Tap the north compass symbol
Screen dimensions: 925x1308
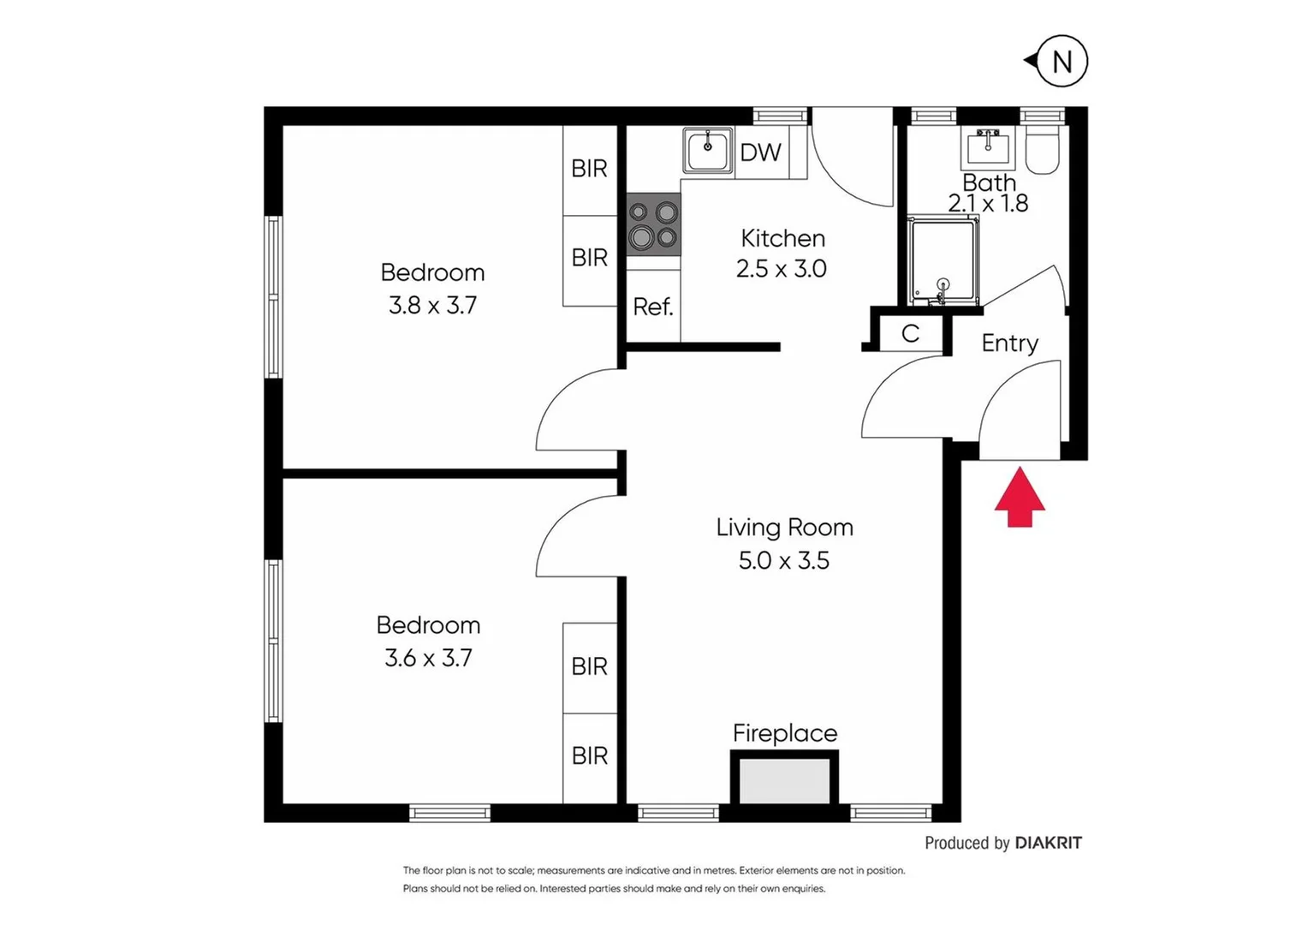point(1061,62)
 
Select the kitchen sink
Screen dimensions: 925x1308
point(708,151)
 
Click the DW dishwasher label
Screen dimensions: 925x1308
point(760,152)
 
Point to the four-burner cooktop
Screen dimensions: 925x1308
point(653,224)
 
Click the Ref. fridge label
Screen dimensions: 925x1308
point(653,307)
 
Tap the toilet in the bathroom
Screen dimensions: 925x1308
point(1042,152)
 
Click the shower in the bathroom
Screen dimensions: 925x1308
point(943,260)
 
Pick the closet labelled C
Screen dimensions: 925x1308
point(911,333)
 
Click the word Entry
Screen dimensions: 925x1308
point(1010,343)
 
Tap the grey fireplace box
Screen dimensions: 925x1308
point(784,780)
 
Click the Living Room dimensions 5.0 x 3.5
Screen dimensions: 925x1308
point(784,561)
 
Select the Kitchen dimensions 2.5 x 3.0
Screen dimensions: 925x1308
point(781,269)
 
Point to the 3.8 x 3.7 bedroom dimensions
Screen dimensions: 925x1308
point(432,305)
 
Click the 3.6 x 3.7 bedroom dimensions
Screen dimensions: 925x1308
point(428,658)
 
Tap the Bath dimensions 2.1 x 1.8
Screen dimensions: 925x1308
point(988,204)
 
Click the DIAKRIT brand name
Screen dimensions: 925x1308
point(1048,843)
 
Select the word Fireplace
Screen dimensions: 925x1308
point(784,733)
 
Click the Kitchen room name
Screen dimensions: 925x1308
point(782,238)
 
